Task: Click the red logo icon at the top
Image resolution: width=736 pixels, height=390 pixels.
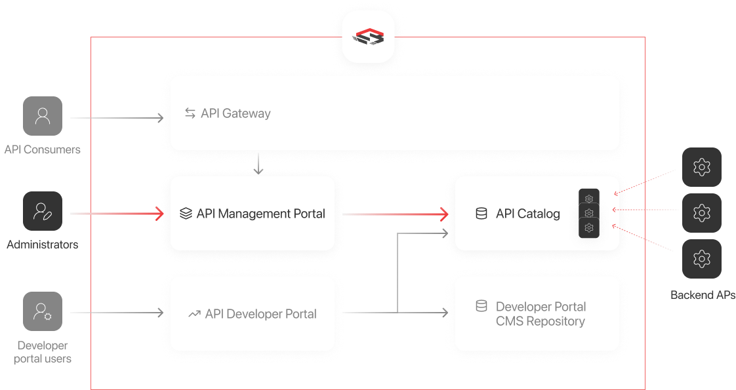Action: pyautogui.click(x=367, y=37)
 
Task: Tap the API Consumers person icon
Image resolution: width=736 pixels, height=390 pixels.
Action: pyautogui.click(x=43, y=117)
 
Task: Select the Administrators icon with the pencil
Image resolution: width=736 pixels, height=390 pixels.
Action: pyautogui.click(x=43, y=211)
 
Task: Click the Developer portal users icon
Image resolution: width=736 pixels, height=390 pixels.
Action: pyautogui.click(x=43, y=311)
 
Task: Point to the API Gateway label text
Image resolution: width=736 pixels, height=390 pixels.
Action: pyautogui.click(x=235, y=113)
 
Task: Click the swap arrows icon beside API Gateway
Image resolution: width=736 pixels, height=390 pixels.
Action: pyautogui.click(x=190, y=113)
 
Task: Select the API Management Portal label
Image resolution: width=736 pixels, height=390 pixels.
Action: pyautogui.click(x=260, y=214)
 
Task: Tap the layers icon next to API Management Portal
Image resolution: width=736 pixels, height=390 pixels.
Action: pyautogui.click(x=185, y=214)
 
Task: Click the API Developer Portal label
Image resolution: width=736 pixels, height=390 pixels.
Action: pyautogui.click(x=260, y=314)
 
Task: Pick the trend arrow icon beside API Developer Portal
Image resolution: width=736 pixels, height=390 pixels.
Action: pyautogui.click(x=194, y=314)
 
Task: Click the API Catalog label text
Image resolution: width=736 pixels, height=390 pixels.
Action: pyautogui.click(x=527, y=214)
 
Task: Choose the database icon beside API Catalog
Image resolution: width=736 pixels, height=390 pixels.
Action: pyautogui.click(x=481, y=214)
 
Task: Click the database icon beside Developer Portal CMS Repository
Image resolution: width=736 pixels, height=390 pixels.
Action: pyautogui.click(x=481, y=306)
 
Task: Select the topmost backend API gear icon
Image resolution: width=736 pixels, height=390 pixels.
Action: pyautogui.click(x=702, y=167)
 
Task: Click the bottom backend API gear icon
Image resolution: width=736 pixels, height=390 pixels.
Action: pyautogui.click(x=702, y=259)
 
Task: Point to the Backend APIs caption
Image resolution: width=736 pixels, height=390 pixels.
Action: pyautogui.click(x=702, y=295)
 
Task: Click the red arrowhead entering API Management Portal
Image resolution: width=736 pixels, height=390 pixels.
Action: pyautogui.click(x=159, y=214)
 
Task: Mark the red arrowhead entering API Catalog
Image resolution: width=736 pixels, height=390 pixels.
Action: pyautogui.click(x=444, y=214)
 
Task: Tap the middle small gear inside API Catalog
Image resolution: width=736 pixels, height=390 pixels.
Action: pyautogui.click(x=589, y=213)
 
